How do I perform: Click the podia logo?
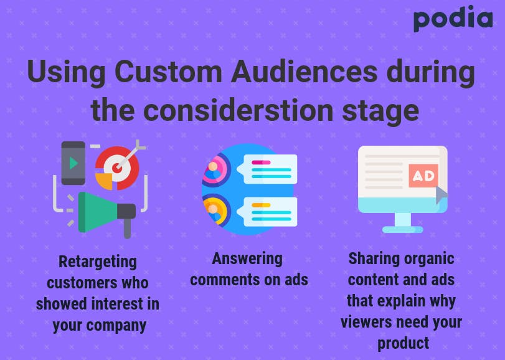(x=453, y=19)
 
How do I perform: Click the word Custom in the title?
(x=168, y=72)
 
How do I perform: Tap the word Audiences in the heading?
(x=304, y=72)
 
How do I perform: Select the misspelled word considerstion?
(x=238, y=110)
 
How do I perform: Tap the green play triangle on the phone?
(x=73, y=163)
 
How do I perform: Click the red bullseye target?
(x=118, y=167)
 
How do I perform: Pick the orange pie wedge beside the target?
(x=104, y=181)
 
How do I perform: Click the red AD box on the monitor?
(x=423, y=176)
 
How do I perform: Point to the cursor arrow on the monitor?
(x=441, y=194)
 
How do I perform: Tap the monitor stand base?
(x=403, y=230)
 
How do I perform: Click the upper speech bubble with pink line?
(x=267, y=169)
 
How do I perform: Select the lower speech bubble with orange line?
(x=267, y=212)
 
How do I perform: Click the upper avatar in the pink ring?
(x=214, y=170)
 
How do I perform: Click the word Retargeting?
(x=98, y=262)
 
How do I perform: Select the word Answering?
(x=247, y=259)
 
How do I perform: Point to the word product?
(x=403, y=343)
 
